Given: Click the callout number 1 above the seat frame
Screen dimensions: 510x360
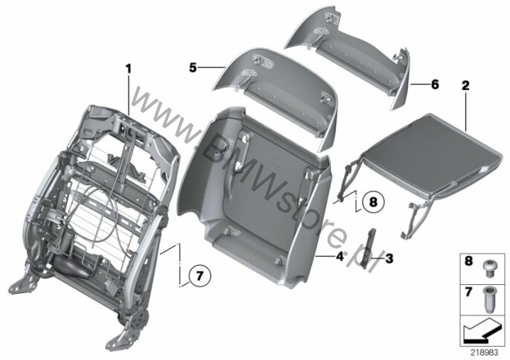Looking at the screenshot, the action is click(x=129, y=69).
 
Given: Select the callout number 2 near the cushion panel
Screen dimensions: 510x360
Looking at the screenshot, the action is click(x=465, y=86).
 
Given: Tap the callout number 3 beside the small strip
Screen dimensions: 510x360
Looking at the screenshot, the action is click(x=389, y=258).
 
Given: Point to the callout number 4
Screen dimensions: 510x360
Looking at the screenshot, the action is click(x=340, y=257).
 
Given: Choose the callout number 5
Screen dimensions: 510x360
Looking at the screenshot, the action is click(x=193, y=68).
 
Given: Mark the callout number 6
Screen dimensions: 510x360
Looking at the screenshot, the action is click(x=435, y=84).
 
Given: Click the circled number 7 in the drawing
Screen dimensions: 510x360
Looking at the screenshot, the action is click(x=200, y=276).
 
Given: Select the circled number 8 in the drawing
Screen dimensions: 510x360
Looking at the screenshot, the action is click(x=373, y=202).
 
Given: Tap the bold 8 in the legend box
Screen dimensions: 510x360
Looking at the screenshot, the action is click(x=468, y=261).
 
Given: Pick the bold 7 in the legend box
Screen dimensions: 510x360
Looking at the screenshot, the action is click(x=468, y=292).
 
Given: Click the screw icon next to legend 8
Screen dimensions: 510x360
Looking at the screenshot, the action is click(x=488, y=269).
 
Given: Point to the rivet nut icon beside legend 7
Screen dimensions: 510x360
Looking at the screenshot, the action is click(x=488, y=300).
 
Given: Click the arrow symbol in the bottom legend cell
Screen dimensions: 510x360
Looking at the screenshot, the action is click(x=482, y=331).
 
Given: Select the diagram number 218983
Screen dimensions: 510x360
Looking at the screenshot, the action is click(x=484, y=353).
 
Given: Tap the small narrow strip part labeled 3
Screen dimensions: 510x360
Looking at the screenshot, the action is click(x=370, y=248).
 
